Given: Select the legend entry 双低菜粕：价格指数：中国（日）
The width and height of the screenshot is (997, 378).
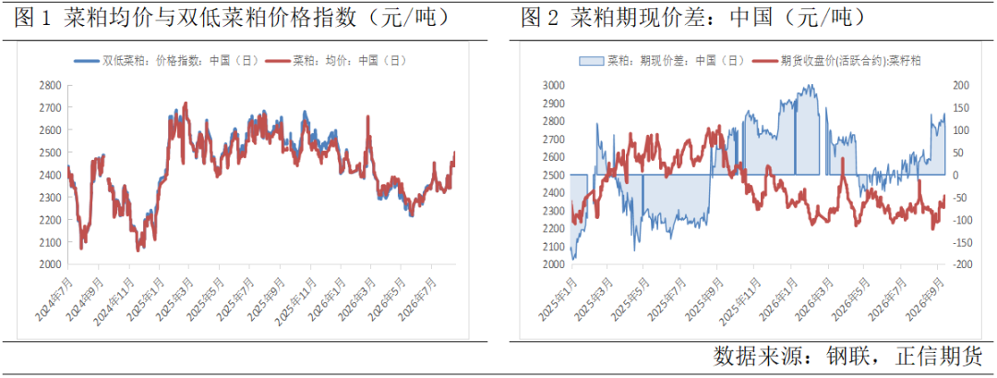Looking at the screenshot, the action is pyautogui.click(x=167, y=60).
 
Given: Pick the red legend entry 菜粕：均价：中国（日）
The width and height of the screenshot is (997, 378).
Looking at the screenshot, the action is pyautogui.click(x=336, y=60).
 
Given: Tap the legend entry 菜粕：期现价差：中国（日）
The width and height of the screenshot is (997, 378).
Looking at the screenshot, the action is pyautogui.click(x=662, y=60).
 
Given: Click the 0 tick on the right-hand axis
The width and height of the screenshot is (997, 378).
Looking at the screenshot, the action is pyautogui.click(x=955, y=175).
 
